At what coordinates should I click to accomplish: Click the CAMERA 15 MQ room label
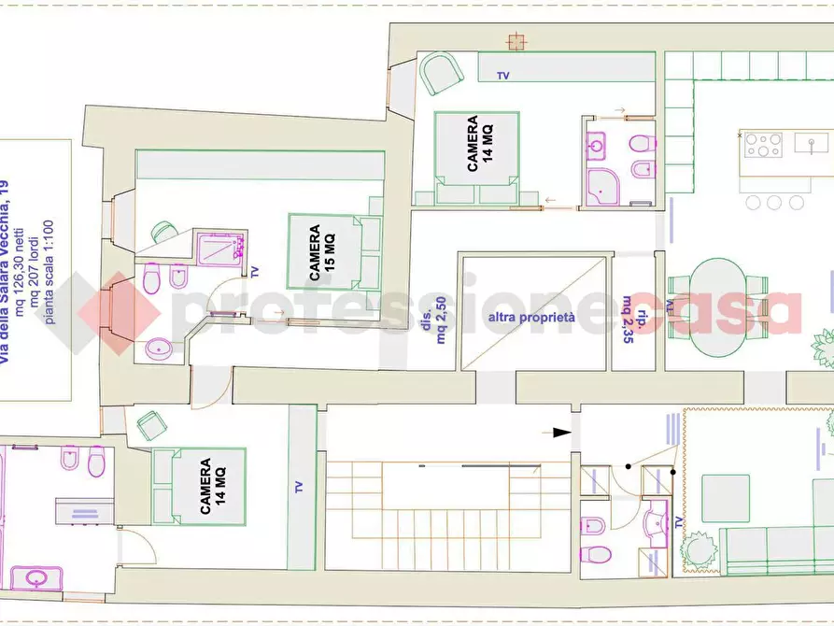[x=322, y=252]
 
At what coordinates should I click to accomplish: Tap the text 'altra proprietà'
[x=531, y=318]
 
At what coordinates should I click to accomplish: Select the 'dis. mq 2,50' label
[x=434, y=320]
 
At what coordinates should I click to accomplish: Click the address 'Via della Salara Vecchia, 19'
[x=5, y=264]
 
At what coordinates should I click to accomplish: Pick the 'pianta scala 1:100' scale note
[x=49, y=272]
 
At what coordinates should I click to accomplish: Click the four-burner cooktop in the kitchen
[x=763, y=145]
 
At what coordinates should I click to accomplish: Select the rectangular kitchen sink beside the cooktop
[x=812, y=143]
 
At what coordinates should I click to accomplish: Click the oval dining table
[x=717, y=307]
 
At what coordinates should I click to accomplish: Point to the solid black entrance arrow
[x=561, y=433]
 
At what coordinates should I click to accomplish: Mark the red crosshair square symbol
[x=516, y=41]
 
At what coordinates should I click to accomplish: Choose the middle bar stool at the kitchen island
[x=774, y=202]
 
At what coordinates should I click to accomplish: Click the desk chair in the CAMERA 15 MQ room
[x=163, y=232]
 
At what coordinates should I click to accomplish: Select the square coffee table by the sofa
[x=726, y=498]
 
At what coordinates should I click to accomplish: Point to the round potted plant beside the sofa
[x=699, y=548]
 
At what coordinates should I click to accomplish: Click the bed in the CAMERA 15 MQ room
[x=335, y=250]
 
